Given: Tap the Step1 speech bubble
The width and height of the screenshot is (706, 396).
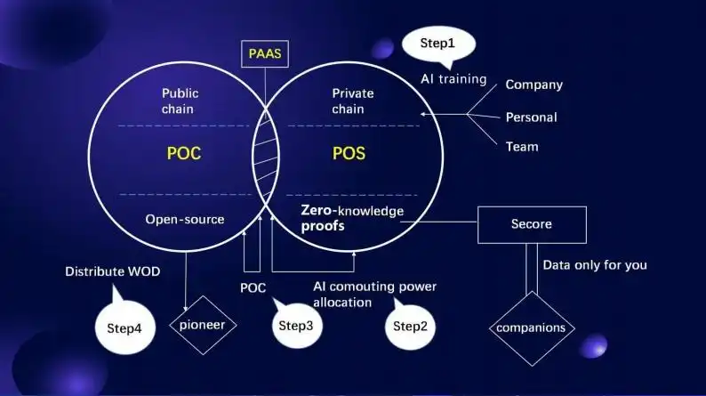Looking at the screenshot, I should [438, 44].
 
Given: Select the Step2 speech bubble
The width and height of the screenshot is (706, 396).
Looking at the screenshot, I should [411, 326].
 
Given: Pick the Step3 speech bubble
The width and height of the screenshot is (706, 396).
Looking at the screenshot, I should [296, 326].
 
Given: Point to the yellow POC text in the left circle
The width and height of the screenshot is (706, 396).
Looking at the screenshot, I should [184, 153].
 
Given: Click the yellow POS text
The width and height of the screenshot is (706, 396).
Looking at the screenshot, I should [349, 153].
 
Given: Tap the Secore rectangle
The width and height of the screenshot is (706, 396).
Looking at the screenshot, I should [532, 224].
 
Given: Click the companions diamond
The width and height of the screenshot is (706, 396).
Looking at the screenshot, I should [530, 327].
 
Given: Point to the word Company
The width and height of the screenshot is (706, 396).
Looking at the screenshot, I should [534, 85].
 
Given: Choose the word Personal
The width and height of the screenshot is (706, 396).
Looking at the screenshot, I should [531, 117].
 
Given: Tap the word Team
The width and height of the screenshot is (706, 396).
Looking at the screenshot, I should [521, 147].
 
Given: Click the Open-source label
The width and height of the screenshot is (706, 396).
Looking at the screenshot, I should [185, 219].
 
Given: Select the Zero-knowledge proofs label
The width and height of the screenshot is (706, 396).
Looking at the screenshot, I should [351, 219].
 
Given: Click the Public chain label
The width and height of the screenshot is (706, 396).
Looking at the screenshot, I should [178, 101].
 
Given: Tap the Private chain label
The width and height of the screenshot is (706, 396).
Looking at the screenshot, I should [353, 101].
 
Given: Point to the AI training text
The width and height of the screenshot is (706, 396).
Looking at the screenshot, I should [453, 79].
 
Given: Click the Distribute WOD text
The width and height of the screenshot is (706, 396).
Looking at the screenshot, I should [113, 271].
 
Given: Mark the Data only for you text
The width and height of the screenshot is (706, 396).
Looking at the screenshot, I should [594, 264].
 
